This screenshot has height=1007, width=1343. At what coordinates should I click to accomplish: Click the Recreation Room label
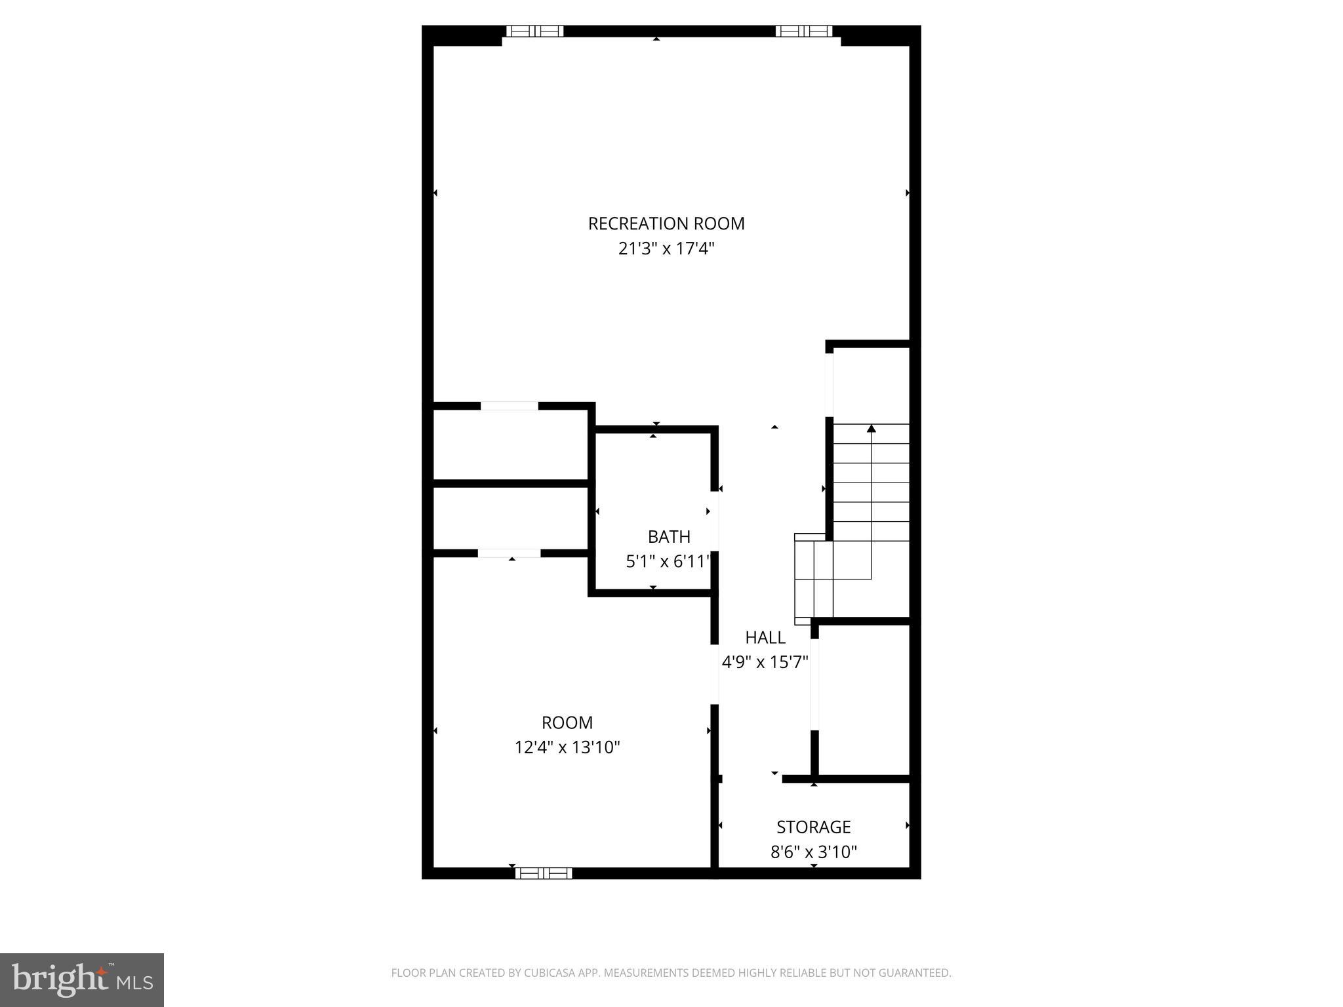tap(666, 224)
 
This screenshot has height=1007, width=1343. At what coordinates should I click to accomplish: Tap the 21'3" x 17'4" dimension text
tap(666, 249)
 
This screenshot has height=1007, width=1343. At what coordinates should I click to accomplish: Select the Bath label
tap(669, 537)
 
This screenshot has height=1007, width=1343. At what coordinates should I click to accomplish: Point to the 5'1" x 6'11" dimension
tap(668, 562)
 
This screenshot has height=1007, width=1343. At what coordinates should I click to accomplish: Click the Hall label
tap(765, 637)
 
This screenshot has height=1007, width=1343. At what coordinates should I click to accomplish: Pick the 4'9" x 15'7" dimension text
tap(765, 662)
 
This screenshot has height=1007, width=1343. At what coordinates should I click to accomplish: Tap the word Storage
tap(813, 827)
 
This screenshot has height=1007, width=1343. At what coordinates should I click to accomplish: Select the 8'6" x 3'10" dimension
tap(813, 852)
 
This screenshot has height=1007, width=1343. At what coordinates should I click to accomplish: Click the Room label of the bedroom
tap(567, 722)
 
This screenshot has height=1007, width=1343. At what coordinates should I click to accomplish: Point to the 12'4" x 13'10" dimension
tap(567, 747)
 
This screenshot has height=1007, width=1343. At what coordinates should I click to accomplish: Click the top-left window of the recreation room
tap(534, 31)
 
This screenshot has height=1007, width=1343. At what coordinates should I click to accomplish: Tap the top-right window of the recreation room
tap(803, 31)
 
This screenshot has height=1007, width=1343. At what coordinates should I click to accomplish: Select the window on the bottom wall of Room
tap(543, 873)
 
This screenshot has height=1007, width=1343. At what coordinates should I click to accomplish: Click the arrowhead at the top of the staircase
tap(871, 429)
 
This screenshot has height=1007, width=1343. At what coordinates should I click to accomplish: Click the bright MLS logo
tap(82, 980)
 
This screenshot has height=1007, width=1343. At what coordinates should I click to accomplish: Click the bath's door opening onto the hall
tap(715, 521)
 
